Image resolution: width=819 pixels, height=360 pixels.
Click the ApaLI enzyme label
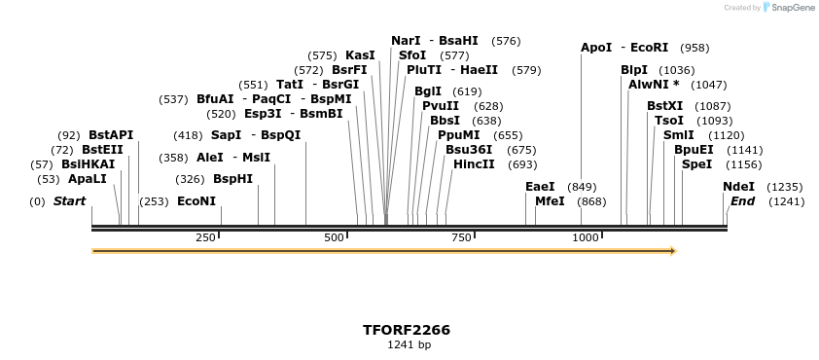click(87, 179)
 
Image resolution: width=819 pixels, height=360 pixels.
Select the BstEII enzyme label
click(102, 150)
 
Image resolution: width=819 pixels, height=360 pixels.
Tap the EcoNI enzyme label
click(196, 201)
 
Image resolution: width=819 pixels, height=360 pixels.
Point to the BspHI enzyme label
click(232, 179)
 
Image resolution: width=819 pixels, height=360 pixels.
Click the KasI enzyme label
click(360, 55)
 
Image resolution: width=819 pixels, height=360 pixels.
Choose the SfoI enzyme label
click(412, 55)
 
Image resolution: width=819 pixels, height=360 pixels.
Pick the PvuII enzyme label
click(441, 106)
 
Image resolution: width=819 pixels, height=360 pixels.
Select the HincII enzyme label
click(474, 164)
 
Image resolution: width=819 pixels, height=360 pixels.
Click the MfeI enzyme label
click(550, 201)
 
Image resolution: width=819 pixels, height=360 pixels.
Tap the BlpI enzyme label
click(634, 70)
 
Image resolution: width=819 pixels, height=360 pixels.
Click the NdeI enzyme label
click(738, 187)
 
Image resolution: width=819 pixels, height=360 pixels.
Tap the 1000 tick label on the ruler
click(585, 237)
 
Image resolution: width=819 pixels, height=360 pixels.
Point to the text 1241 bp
click(409, 344)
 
